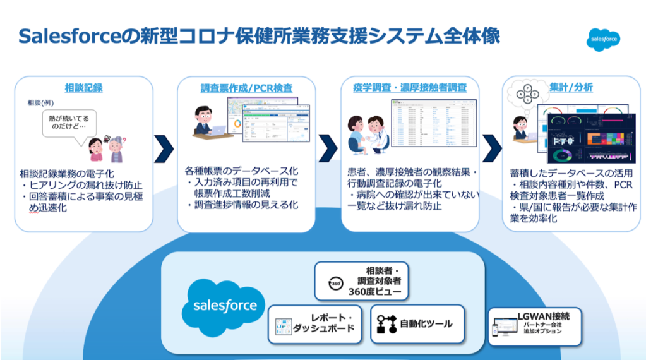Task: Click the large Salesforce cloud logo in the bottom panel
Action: click(224, 306)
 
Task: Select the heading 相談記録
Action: click(83, 88)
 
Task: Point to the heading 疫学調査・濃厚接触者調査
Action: click(410, 88)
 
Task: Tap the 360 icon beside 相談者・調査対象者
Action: click(336, 284)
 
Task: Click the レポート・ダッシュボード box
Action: click(315, 323)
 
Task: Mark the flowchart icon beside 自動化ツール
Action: click(385, 323)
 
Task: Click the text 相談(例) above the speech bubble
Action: click(41, 103)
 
